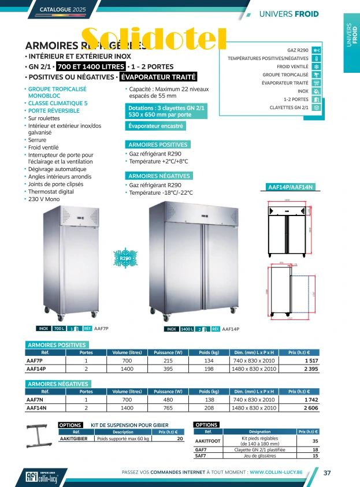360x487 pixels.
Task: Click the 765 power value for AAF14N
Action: pos(168,407)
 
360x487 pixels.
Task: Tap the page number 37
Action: pos(327,473)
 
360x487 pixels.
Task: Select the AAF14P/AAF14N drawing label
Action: pos(290,187)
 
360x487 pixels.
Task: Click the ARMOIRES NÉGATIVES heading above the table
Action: pos(58,384)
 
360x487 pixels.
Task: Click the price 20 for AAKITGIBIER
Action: pos(180,439)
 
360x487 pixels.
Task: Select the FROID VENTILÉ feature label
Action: pos(292,66)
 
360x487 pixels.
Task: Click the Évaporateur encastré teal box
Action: pos(155,125)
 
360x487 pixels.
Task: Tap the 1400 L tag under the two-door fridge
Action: pos(187,329)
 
